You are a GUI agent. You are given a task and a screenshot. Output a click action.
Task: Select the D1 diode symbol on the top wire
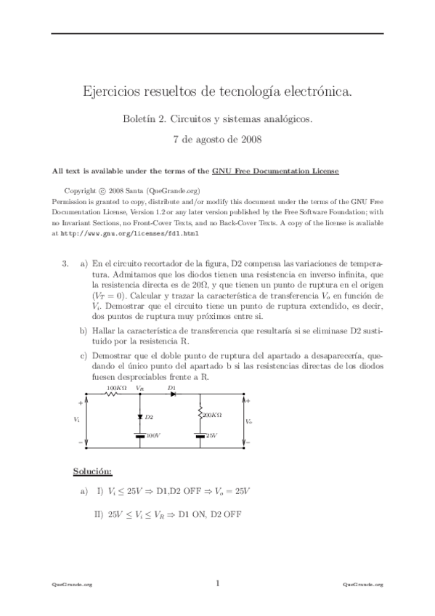172,395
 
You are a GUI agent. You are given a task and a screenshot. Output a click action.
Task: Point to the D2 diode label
149,417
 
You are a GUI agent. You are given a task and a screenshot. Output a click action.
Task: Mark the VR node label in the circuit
139,389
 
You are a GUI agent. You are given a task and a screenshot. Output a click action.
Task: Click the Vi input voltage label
78,420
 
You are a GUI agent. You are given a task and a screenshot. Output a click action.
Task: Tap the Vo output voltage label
249,421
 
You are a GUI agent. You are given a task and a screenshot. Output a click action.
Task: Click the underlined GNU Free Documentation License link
275,171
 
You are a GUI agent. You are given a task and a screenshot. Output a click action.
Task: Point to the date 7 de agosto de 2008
217,138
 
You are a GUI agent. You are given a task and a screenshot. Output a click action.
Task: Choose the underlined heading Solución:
92,472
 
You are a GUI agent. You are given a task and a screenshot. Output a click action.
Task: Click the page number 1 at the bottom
217,583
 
